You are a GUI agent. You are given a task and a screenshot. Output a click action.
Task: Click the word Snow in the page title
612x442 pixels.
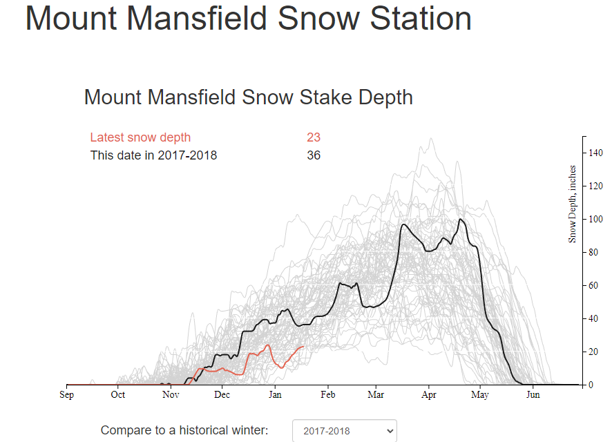[x=318, y=19]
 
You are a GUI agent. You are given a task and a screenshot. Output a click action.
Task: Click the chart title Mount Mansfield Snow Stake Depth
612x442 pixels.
[x=249, y=97]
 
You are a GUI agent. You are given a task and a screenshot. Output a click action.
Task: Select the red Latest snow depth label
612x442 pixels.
[x=140, y=137]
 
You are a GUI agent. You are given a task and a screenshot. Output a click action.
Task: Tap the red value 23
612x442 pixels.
[x=314, y=137]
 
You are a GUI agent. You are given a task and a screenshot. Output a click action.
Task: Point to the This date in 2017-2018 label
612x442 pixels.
[x=153, y=155]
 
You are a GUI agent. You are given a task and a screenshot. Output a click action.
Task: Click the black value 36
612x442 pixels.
[x=314, y=155]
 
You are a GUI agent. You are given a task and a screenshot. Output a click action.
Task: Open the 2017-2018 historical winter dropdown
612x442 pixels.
[x=345, y=431]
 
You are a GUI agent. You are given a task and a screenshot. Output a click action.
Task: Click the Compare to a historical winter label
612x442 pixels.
[x=184, y=430]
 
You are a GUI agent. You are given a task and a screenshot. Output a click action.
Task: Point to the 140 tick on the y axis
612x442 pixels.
[x=595, y=153]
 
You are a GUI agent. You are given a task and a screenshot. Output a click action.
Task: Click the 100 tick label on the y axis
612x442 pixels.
[x=595, y=219]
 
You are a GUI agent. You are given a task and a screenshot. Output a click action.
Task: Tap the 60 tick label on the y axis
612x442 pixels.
[x=593, y=285]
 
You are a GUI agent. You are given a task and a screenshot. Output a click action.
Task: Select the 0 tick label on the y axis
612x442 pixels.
[x=591, y=385]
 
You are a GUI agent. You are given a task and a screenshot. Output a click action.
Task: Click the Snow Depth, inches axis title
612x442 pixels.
[x=572, y=204]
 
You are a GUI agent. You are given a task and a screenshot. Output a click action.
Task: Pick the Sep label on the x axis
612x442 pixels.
[x=67, y=395]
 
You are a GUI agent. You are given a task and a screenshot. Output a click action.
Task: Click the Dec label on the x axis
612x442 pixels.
[x=222, y=395]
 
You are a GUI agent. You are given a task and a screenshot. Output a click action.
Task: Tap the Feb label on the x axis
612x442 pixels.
[x=328, y=395]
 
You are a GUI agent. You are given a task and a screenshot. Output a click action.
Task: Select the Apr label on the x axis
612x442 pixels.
[x=428, y=395]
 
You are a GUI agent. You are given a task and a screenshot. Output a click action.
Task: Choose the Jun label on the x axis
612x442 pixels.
[x=533, y=395]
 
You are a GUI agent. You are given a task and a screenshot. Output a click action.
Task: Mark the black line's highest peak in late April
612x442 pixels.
[x=461, y=219]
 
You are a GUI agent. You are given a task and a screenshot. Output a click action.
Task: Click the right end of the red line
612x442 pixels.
[x=303, y=347]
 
